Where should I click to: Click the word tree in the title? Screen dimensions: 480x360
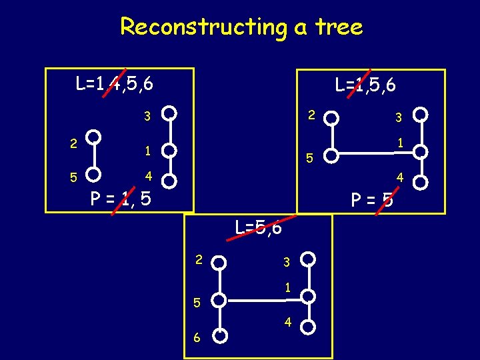(x=339, y=27)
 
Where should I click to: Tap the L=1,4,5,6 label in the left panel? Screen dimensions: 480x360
(x=115, y=84)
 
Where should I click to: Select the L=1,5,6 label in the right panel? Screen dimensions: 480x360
(x=366, y=85)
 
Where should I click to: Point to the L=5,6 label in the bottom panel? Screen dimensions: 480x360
(x=259, y=227)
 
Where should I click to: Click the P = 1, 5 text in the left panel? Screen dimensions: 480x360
(x=121, y=198)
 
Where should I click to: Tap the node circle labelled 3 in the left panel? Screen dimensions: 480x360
(x=170, y=113)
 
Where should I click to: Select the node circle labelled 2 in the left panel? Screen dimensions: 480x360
(x=95, y=137)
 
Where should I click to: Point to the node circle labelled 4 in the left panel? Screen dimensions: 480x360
(x=170, y=180)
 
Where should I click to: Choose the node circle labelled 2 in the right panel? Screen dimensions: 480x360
(x=331, y=119)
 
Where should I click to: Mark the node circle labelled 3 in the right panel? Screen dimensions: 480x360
(x=420, y=114)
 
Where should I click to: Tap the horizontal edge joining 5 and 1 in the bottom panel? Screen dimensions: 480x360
(x=265, y=298)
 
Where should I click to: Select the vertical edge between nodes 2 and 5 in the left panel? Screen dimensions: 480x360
(x=95, y=156)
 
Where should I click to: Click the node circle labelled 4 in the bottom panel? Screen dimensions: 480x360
(x=308, y=326)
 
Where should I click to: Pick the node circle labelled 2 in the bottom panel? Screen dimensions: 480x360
(x=221, y=262)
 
